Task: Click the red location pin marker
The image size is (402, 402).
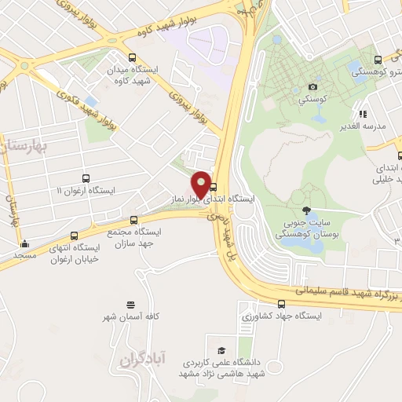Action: [x=201, y=184]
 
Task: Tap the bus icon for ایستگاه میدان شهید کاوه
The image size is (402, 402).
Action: [x=131, y=57]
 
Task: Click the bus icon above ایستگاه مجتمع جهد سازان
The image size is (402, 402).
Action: [x=133, y=220]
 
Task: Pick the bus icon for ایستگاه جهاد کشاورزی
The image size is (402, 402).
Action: [x=281, y=304]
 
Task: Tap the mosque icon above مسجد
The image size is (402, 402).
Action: [x=25, y=243]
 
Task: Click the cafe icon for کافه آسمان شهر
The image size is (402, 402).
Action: [x=130, y=303]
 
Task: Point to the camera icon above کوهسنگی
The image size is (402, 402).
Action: [x=312, y=86]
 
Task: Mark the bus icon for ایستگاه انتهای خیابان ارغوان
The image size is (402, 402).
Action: [x=75, y=236]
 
